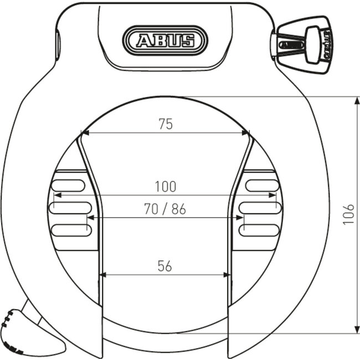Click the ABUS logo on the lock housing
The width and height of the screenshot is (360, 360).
pyautogui.click(x=166, y=40)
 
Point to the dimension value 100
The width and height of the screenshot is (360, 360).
pyautogui.click(x=165, y=187)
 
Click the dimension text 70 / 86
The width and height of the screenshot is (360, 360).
pyautogui.click(x=165, y=209)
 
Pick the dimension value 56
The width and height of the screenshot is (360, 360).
pyautogui.click(x=164, y=266)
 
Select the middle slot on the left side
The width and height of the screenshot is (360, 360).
pyautogui.click(x=70, y=208)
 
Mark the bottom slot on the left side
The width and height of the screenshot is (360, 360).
pyautogui.click(x=70, y=229)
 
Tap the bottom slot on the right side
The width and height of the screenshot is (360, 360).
pyautogui.click(x=260, y=229)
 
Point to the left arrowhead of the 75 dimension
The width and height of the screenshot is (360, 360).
pyautogui.click(x=85, y=133)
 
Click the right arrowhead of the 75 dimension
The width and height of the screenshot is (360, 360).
pyautogui.click(x=246, y=133)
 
